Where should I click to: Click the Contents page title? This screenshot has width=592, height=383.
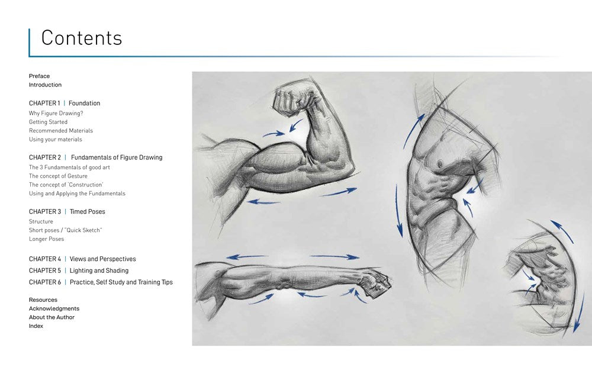click(82, 38)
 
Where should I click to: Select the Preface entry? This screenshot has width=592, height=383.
click(39, 76)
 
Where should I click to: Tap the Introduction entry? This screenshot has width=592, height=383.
click(46, 85)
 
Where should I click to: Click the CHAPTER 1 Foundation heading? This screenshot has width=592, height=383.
click(65, 103)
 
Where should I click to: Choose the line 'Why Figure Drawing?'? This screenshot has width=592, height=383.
click(56, 113)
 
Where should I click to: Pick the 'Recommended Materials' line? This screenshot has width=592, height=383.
click(61, 131)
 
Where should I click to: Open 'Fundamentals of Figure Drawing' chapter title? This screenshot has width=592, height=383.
click(117, 157)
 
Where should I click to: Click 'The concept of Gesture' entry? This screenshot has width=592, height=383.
click(58, 176)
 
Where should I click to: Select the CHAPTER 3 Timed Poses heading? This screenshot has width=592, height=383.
click(67, 211)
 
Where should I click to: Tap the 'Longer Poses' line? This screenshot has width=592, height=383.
click(46, 239)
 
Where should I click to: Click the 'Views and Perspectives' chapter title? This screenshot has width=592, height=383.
click(102, 259)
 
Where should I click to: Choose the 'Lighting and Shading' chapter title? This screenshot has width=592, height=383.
click(99, 271)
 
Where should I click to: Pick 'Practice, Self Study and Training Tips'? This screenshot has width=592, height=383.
click(121, 282)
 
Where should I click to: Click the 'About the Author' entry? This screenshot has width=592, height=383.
click(52, 317)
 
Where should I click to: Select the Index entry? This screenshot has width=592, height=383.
click(36, 326)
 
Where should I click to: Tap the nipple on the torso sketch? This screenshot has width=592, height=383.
click(440, 164)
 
